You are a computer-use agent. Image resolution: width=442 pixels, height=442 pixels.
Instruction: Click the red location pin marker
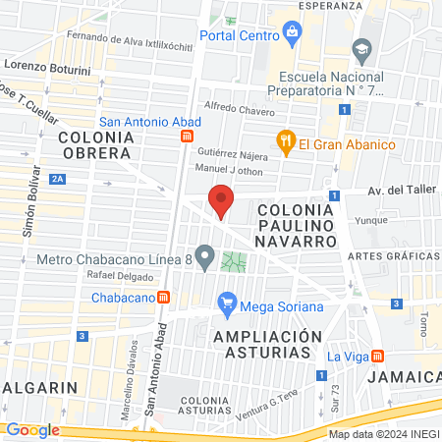pyautogui.click(x=222, y=200)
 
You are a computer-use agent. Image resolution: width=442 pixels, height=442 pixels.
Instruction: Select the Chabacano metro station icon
pyautogui.click(x=164, y=297)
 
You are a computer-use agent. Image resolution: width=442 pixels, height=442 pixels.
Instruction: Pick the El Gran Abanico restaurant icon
pyautogui.click(x=286, y=144)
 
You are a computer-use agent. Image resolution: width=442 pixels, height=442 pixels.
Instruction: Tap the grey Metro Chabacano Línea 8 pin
pyautogui.click(x=204, y=259)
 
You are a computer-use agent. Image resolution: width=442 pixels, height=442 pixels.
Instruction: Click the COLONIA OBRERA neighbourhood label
pyautogui.click(x=94, y=145)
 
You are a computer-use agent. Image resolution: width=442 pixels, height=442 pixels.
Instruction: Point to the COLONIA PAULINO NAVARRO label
pyautogui.click(x=297, y=225)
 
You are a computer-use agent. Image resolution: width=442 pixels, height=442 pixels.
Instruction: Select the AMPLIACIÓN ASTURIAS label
pyautogui.click(x=266, y=343)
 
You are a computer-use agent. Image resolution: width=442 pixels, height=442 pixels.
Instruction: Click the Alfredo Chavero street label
pyautogui.click(x=239, y=106)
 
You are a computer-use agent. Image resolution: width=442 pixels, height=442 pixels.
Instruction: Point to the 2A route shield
pyautogui.click(x=58, y=178)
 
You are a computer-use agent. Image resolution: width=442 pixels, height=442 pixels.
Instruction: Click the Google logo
pyautogui.click(x=32, y=429)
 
